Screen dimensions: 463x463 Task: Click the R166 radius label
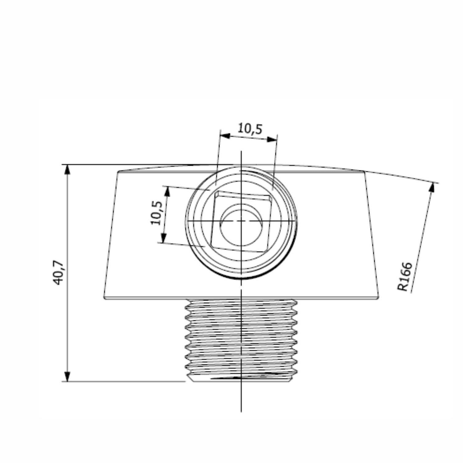(404, 276)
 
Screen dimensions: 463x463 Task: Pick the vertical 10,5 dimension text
(156, 213)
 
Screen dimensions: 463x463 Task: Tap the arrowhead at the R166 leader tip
(432, 187)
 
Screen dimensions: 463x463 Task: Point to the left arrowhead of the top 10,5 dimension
(226, 136)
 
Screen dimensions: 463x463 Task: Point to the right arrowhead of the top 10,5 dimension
(272, 139)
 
